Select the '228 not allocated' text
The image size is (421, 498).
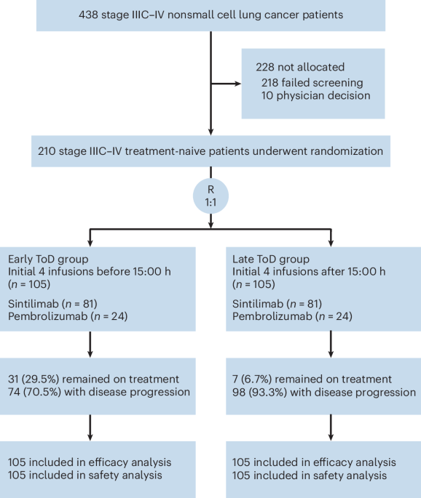294,67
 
